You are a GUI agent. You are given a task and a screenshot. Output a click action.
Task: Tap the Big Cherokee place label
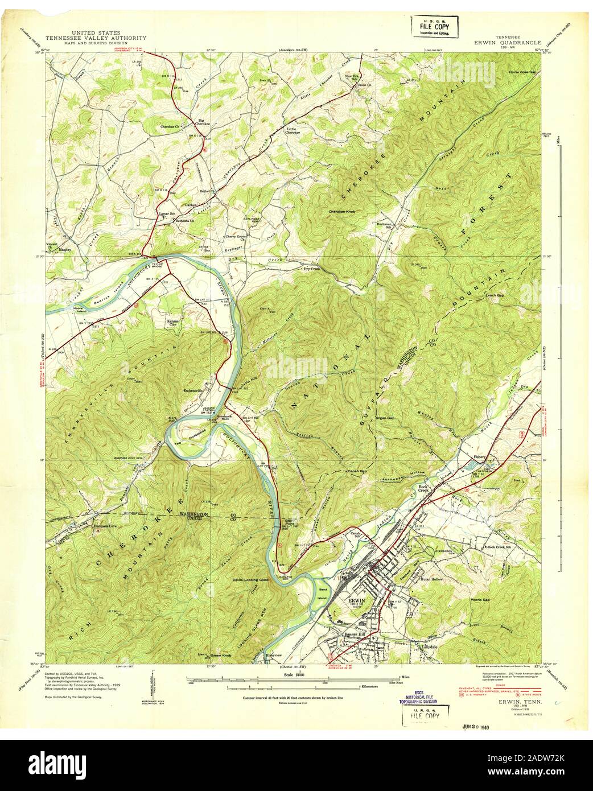[201, 122]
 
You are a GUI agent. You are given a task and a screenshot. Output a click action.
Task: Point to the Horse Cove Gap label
[522, 72]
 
